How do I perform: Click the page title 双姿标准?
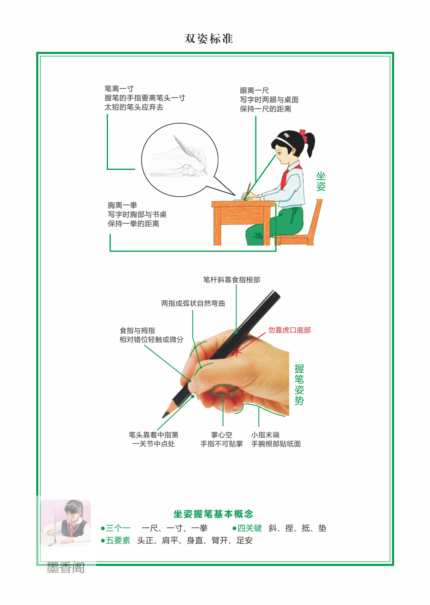click(x=209, y=39)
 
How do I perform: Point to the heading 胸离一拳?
click(x=122, y=205)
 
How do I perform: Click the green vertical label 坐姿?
click(x=321, y=181)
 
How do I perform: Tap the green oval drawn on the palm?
click(x=224, y=390)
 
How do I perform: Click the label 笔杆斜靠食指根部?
click(x=231, y=280)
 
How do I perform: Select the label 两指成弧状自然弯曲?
click(x=193, y=303)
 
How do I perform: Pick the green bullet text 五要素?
click(x=118, y=540)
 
